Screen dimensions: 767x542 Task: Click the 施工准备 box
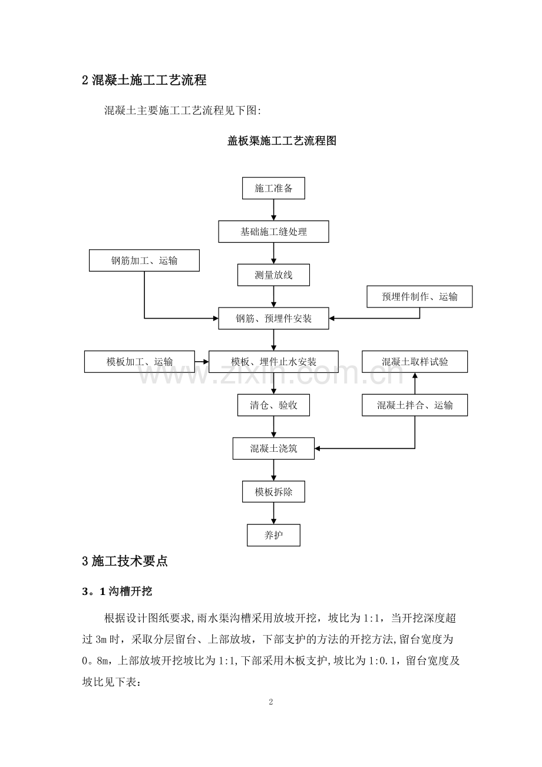coord(273,189)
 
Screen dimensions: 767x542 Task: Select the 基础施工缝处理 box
coord(273,232)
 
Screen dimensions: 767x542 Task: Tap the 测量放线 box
coord(273,275)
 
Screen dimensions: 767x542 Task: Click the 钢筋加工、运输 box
coord(144,260)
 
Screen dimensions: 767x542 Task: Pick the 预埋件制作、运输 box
coord(419,297)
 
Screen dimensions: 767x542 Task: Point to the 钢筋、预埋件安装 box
coord(273,319)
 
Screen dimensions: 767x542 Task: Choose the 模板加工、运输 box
coord(140,362)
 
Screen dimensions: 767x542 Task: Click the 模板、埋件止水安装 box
coord(273,362)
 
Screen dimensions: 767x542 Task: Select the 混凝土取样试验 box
coord(415,362)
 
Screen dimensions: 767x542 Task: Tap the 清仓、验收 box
coord(273,405)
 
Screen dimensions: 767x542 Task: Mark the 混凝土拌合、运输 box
coord(415,405)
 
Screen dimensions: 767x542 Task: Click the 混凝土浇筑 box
coord(273,448)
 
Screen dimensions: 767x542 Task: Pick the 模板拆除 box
coord(273,492)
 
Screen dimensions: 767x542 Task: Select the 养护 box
coord(273,535)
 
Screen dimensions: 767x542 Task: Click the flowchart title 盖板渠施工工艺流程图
coord(282,141)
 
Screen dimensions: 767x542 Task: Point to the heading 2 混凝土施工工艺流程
coord(144,80)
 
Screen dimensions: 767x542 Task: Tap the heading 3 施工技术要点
coord(125,561)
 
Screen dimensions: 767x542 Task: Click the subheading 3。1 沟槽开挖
coord(118,591)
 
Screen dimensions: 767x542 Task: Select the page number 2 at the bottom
coord(271,702)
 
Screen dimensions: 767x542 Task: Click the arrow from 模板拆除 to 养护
coord(273,513)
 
